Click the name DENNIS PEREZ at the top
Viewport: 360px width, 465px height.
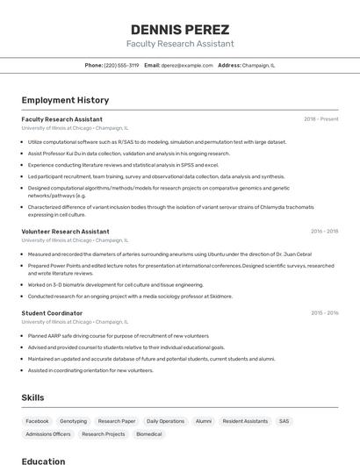[179, 30]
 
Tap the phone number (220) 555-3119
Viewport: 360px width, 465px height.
[121, 65]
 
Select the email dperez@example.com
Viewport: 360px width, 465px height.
[187, 65]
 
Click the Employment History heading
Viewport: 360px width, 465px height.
[65, 100]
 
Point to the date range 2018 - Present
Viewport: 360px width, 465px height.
[320, 118]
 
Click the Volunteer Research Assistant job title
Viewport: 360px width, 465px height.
[65, 232]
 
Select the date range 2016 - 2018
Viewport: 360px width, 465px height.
[324, 232]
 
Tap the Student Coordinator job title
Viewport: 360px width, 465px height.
[52, 312]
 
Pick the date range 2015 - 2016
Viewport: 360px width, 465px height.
[324, 312]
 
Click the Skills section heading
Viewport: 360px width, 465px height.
[33, 397]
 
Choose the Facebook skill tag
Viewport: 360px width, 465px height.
[37, 421]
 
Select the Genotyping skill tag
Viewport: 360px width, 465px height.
[73, 421]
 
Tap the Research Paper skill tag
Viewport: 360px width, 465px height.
[116, 421]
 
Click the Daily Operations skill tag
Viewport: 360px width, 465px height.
[165, 421]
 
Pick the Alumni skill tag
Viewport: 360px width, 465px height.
[204, 421]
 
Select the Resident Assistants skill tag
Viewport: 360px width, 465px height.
[245, 421]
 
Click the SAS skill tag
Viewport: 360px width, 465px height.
[284, 421]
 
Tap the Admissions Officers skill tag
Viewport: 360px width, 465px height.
[48, 434]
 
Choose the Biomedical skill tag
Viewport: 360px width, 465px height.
[148, 434]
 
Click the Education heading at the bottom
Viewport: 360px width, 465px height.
[43, 461]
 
